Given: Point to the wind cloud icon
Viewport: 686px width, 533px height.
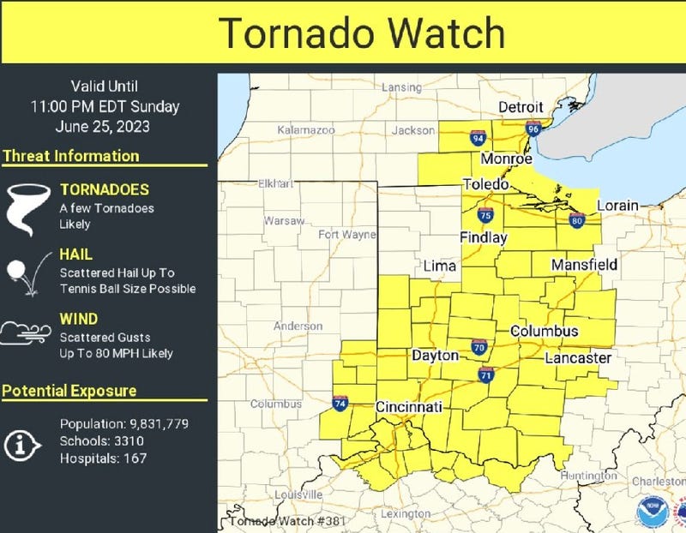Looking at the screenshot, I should (x=24, y=332).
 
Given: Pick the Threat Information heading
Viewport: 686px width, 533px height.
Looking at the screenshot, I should (x=70, y=156).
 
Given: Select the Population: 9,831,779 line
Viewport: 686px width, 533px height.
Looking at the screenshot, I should (x=123, y=424).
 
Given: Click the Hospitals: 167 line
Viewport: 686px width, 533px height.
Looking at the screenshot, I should (x=103, y=458).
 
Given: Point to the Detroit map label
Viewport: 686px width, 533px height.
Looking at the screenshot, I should (x=521, y=107).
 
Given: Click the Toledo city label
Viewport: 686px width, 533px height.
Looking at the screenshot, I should (x=486, y=184).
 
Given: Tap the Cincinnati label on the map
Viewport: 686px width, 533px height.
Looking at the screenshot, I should (x=409, y=406).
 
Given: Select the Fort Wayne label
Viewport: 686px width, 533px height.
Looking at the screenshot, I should (x=346, y=234).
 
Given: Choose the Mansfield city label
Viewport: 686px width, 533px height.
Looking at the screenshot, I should (x=584, y=265).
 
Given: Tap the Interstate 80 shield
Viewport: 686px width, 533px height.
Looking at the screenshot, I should (x=576, y=221).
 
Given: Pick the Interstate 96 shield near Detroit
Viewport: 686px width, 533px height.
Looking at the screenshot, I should (x=533, y=129).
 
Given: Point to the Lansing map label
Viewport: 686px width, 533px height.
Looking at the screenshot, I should (x=402, y=87).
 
